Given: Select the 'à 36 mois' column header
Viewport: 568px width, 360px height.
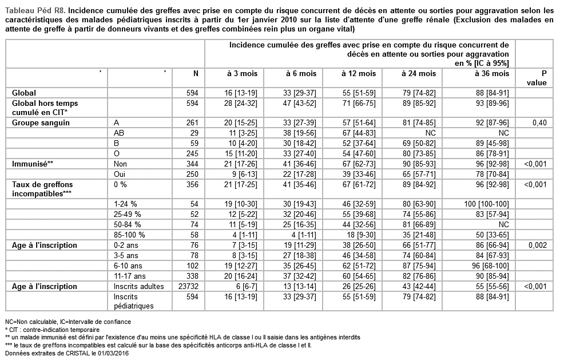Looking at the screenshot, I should pos(491,73).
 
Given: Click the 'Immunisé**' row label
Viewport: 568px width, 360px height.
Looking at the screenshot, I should pos(33,163).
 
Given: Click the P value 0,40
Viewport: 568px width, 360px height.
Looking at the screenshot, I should pos(541,122).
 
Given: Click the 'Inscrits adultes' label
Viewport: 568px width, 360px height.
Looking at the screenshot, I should pos(138,286).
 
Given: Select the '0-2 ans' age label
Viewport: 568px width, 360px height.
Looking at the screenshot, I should pos(125,245).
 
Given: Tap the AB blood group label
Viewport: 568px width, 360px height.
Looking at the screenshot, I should pos(119,132).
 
